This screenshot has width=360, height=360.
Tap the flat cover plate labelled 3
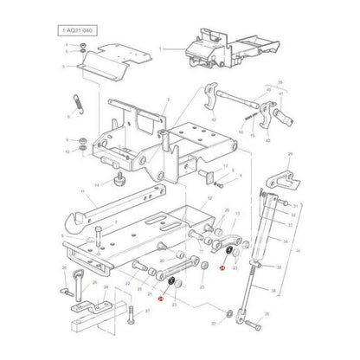pos(99,56)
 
